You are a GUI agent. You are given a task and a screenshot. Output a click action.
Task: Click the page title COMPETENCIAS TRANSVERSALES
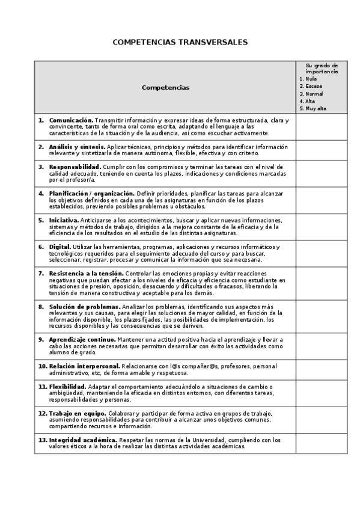point(180,43)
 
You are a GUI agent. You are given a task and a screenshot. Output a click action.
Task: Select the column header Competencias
point(165,87)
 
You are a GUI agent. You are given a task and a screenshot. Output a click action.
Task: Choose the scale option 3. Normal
point(311,94)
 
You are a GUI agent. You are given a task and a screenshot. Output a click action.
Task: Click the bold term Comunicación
point(71,120)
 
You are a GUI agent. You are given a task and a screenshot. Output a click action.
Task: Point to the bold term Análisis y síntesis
point(77,147)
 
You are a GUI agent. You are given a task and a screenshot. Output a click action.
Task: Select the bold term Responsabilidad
point(75,167)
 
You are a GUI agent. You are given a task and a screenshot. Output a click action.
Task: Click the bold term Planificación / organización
point(91,193)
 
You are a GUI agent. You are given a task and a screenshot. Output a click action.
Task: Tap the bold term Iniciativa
point(63,220)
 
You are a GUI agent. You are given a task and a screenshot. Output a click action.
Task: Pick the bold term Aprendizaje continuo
point(82,339)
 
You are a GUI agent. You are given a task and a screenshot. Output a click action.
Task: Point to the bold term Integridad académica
point(83,440)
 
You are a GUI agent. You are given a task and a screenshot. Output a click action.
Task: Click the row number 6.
point(41,247)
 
